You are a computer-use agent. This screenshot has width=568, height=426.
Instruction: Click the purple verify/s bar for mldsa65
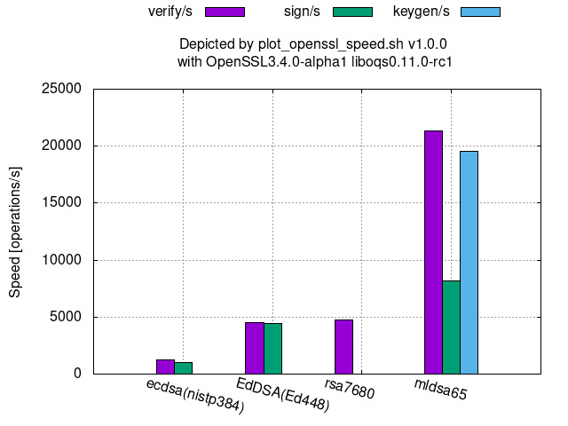click(x=433, y=252)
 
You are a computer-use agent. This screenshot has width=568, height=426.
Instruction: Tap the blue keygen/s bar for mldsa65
click(x=469, y=262)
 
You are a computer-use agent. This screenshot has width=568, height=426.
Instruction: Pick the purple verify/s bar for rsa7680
click(x=343, y=346)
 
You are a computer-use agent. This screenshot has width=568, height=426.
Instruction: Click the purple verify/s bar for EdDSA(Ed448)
click(x=255, y=347)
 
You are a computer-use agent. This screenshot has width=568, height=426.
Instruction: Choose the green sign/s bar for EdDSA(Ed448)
click(x=272, y=348)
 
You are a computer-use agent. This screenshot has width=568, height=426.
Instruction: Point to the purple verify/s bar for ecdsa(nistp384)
click(x=165, y=366)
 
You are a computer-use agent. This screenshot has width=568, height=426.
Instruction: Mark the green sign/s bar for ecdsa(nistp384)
click(x=183, y=367)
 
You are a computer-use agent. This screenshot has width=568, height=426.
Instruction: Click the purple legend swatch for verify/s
click(x=225, y=12)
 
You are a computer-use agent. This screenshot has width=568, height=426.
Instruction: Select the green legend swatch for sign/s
click(x=353, y=12)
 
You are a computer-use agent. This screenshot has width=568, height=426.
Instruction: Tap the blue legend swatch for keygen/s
click(x=480, y=12)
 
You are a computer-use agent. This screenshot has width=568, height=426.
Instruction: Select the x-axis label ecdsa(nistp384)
click(x=194, y=396)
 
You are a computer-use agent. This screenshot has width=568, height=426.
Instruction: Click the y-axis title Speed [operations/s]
click(x=15, y=231)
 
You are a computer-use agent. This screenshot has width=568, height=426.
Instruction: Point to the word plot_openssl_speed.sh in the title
click(x=327, y=43)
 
